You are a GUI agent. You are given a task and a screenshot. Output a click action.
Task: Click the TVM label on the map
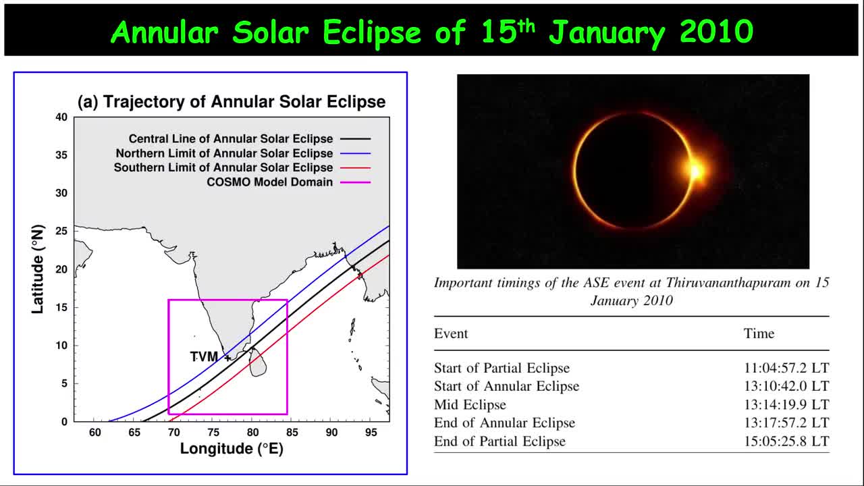(204, 356)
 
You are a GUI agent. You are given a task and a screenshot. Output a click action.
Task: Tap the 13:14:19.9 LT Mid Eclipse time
(786, 405)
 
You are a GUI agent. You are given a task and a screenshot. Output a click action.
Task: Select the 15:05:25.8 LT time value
(786, 441)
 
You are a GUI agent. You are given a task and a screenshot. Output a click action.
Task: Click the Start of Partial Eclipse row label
(502, 368)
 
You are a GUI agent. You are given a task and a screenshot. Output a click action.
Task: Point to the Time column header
(759, 333)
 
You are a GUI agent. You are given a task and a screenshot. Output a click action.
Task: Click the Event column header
(451, 333)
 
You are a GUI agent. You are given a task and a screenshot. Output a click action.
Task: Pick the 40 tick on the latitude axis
(61, 117)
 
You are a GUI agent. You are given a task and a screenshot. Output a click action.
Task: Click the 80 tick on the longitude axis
(252, 433)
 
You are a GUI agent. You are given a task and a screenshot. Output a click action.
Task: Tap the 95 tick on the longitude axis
(371, 433)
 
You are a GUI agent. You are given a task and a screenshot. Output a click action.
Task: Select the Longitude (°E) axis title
(232, 449)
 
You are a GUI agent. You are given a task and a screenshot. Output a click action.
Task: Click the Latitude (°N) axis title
(38, 269)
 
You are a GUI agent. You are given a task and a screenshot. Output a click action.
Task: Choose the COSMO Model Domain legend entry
(269, 182)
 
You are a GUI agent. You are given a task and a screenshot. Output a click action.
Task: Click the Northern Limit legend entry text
(224, 153)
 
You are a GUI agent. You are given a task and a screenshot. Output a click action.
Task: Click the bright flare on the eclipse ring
(695, 170)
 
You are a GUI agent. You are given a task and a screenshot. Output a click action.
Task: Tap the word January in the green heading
(607, 32)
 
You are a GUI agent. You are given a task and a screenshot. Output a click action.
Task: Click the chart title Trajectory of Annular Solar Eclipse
(232, 102)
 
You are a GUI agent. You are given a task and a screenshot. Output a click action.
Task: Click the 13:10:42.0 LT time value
(786, 386)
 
